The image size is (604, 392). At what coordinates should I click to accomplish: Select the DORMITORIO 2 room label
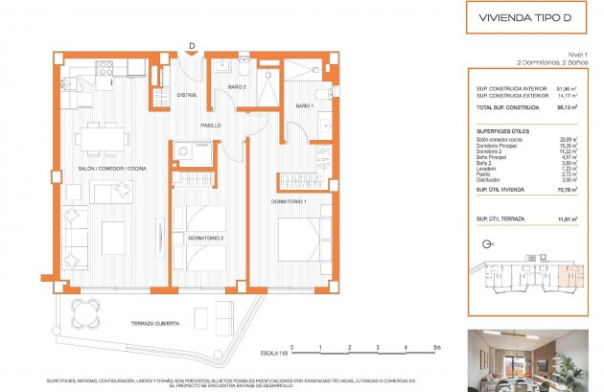click(206, 237)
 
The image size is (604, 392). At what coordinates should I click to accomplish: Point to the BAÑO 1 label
click(305, 106)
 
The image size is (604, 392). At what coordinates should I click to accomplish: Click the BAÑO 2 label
click(237, 88)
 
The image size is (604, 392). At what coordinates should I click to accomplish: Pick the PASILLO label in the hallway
click(211, 126)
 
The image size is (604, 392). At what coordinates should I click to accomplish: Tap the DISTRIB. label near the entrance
click(188, 94)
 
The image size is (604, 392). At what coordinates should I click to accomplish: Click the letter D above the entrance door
click(192, 44)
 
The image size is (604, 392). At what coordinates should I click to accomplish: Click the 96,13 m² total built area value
click(566, 108)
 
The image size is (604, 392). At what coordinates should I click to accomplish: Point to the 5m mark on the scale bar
click(435, 347)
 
